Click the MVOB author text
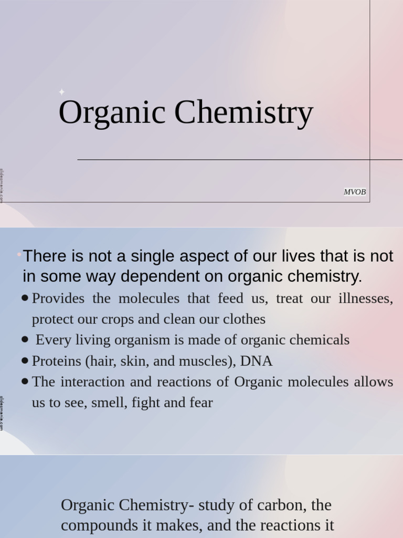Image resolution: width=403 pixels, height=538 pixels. [x=355, y=192]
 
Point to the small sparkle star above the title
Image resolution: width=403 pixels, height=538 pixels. [x=61, y=92]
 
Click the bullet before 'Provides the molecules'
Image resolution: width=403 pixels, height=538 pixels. [x=25, y=298]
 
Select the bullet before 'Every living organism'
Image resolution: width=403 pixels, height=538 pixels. [x=25, y=340]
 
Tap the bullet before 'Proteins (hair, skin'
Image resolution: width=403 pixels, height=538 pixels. [x=25, y=361]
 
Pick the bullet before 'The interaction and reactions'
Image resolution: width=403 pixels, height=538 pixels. [x=25, y=382]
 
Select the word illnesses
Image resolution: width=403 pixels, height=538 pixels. [x=366, y=298]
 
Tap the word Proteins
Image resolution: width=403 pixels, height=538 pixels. [x=55, y=361]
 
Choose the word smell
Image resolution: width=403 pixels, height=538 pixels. [x=107, y=403]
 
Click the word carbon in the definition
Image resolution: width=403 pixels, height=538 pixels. [x=281, y=505]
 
